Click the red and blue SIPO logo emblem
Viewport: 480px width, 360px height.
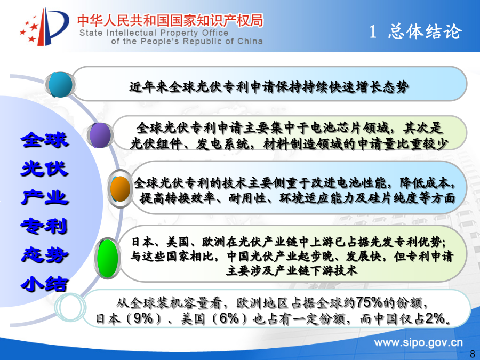click(x=44, y=27)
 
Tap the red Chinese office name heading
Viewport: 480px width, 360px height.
click(x=170, y=20)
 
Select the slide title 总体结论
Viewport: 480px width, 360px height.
click(x=425, y=31)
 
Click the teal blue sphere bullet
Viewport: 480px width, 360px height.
click(x=61, y=84)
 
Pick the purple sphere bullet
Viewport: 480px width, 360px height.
click(x=100, y=135)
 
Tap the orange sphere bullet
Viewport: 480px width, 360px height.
click(x=121, y=189)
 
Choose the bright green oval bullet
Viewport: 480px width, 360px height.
click(x=107, y=258)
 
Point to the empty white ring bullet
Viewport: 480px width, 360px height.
click(x=70, y=307)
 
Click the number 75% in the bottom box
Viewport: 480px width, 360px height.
click(x=369, y=302)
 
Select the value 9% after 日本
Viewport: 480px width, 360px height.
click(x=143, y=318)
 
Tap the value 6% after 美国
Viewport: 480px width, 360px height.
click(x=229, y=318)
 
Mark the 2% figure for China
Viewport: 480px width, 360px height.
click(x=435, y=318)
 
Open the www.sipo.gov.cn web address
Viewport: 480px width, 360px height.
click(x=419, y=343)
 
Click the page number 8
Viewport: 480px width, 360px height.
click(x=473, y=353)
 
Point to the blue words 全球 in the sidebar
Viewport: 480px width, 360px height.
click(x=45, y=140)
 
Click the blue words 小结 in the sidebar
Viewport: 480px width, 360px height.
click(x=45, y=284)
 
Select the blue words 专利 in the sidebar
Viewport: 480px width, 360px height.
click(x=45, y=226)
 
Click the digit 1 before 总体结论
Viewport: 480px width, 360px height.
click(x=373, y=31)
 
